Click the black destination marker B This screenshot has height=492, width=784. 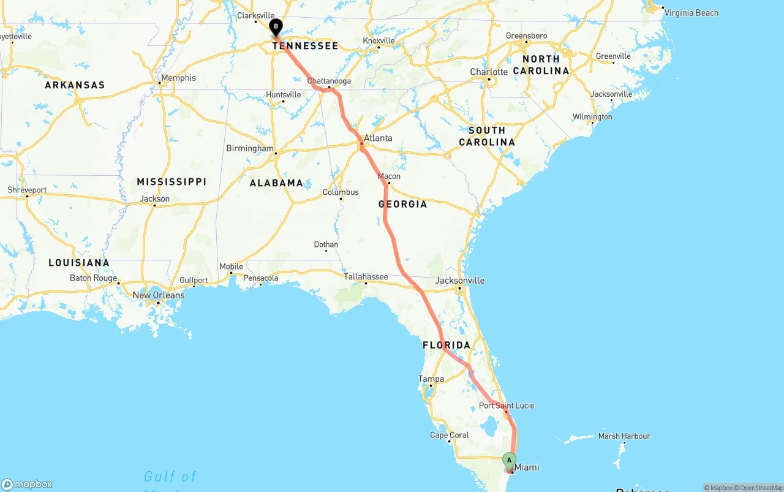pyautogui.click(x=276, y=27)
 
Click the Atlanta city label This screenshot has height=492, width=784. pyautogui.click(x=378, y=138)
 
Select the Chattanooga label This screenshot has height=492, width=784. pyautogui.click(x=329, y=81)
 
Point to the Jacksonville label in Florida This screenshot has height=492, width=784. pyautogui.click(x=459, y=281)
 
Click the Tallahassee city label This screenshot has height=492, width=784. pyautogui.click(x=366, y=277)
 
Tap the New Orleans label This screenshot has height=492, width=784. pyautogui.click(x=159, y=295)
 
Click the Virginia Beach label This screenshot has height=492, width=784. pyautogui.click(x=692, y=13)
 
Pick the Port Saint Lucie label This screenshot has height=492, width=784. pyautogui.click(x=507, y=406)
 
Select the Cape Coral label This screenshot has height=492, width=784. pyautogui.click(x=450, y=436)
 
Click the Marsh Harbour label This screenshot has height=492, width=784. pyautogui.click(x=624, y=436)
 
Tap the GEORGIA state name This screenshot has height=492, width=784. pyautogui.click(x=402, y=204)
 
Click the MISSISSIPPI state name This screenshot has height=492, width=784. pyautogui.click(x=171, y=182)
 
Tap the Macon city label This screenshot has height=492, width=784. pyautogui.click(x=389, y=176)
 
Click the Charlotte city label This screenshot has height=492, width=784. pyautogui.click(x=489, y=72)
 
